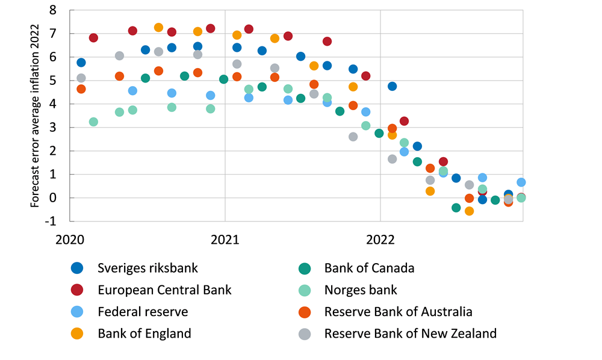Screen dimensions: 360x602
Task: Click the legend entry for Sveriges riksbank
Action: [x=147, y=268]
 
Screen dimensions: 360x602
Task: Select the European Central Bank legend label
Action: [x=164, y=290]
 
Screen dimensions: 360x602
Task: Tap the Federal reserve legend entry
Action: [x=143, y=311]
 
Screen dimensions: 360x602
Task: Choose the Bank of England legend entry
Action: [x=144, y=333]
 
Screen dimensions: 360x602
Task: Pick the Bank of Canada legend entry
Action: [x=369, y=268]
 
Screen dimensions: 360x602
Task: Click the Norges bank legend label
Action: [x=361, y=290]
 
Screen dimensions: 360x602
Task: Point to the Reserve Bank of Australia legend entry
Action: [x=398, y=311]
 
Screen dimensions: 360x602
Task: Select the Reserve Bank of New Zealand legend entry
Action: [x=410, y=333]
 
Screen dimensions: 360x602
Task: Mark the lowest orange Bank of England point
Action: [x=469, y=211]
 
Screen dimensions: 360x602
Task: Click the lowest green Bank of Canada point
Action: [x=456, y=208]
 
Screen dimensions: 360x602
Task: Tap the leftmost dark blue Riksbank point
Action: [x=81, y=63]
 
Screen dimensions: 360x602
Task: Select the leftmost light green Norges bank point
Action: [x=93, y=122]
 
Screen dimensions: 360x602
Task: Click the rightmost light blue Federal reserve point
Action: [x=521, y=182]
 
